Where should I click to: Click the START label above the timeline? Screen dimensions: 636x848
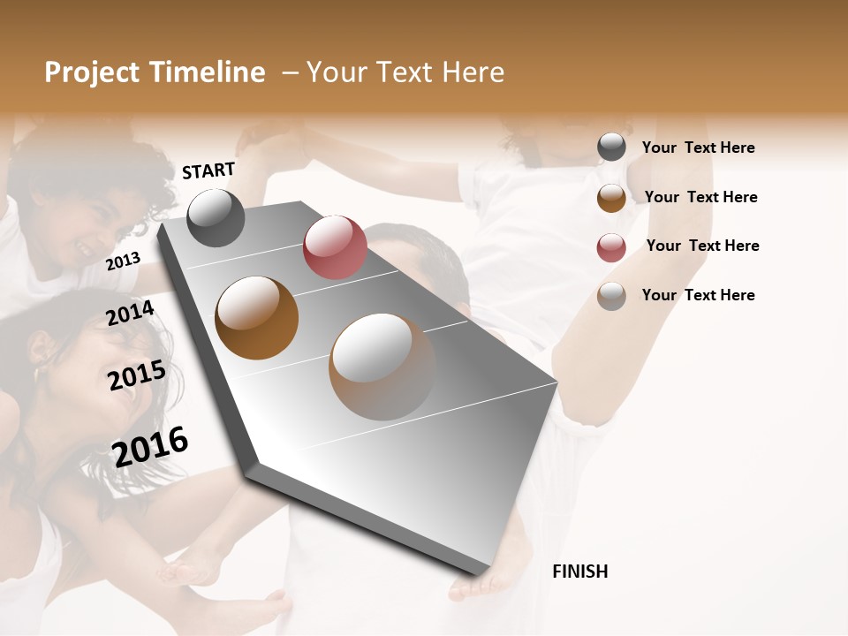coord(208,170)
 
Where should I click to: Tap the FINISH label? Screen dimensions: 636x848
coord(579,572)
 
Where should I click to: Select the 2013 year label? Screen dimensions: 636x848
coord(123,261)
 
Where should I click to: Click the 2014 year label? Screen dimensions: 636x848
coord(130,314)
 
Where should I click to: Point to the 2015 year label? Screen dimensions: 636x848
coord(137,375)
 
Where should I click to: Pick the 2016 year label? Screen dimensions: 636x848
coord(150,446)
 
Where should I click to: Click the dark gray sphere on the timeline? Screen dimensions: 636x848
coord(216,217)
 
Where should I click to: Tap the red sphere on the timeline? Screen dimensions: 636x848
coord(335,246)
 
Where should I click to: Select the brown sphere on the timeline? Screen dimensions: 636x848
coord(257,318)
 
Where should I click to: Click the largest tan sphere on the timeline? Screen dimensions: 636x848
coord(382,367)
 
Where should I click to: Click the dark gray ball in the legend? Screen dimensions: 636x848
coord(611,148)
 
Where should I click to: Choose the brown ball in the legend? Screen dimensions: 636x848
coord(611,197)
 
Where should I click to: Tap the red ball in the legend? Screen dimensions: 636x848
coord(611,246)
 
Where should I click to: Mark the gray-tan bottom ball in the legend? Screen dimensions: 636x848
coord(611,296)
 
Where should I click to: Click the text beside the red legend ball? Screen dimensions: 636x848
coord(702,246)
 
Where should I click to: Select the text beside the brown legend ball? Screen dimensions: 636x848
coord(700,197)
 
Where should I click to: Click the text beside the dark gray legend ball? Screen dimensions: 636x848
coord(698,148)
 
